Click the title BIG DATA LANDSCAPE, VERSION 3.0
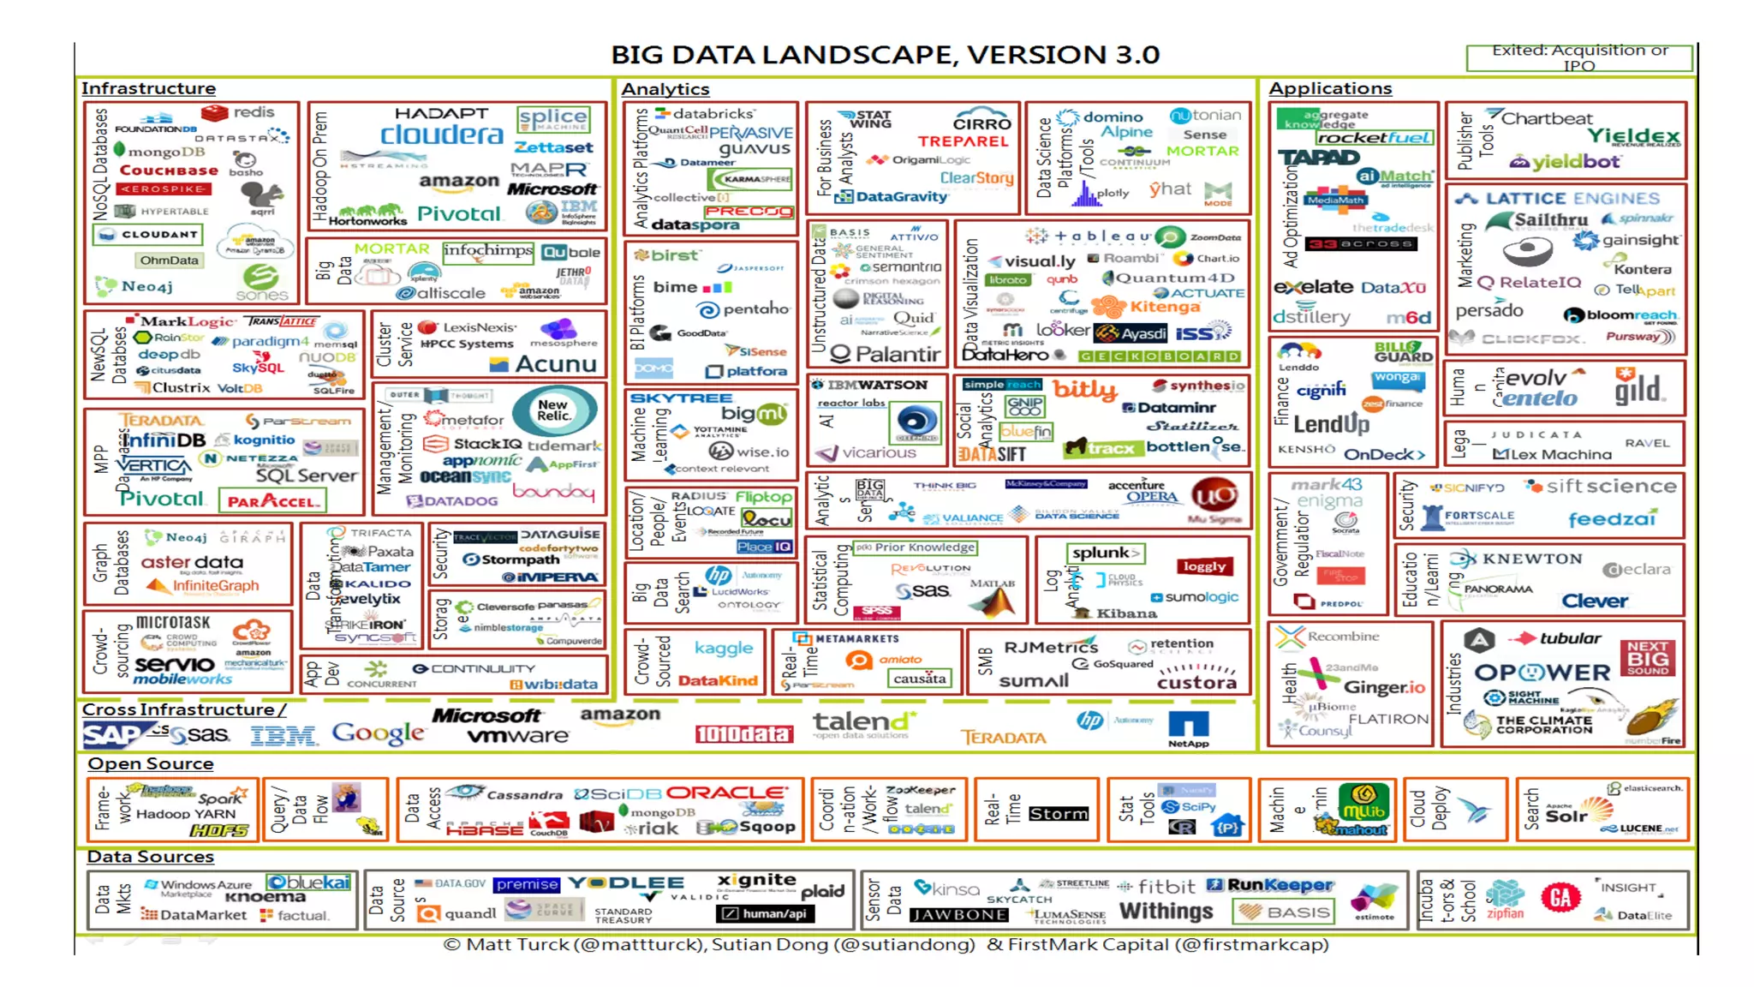coord(885,55)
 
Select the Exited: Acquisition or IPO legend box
coord(1579,57)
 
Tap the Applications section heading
coord(1330,88)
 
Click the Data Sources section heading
coord(150,856)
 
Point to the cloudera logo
coord(441,135)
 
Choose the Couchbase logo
coord(169,170)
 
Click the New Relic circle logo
coord(554,410)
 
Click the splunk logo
coord(1104,553)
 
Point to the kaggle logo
coord(724,648)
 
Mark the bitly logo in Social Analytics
coord(1083,390)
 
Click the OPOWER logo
coord(1542,673)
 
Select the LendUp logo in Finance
coord(1331,423)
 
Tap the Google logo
coord(378,733)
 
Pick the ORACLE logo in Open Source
coord(725,793)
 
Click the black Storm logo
coord(1059,813)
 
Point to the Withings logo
coord(1166,911)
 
